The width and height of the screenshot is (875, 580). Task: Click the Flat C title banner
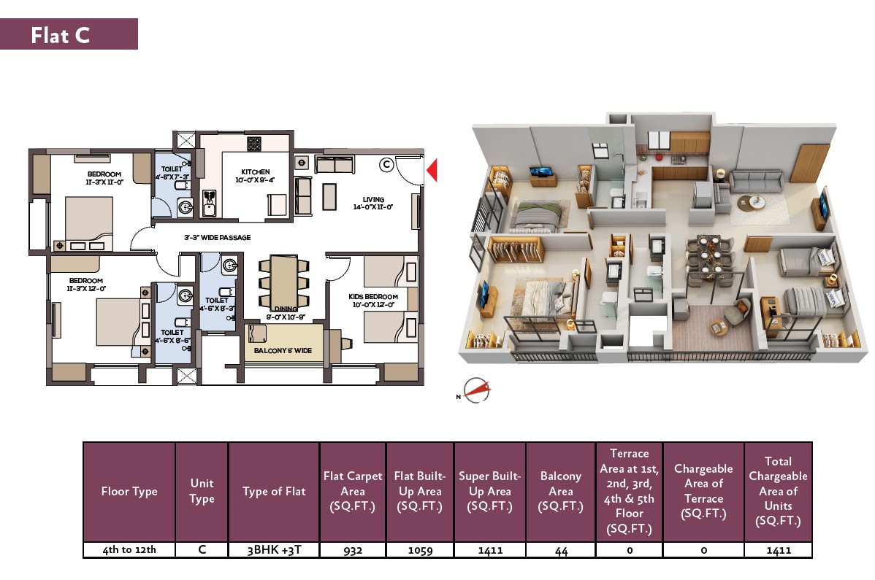[69, 34]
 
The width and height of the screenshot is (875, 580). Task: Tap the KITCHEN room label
[256, 172]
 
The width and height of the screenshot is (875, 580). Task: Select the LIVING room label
[373, 199]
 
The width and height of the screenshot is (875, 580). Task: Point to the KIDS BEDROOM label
[373, 297]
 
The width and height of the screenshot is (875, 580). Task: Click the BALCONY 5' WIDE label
[283, 350]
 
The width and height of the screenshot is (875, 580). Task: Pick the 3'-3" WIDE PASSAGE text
[218, 237]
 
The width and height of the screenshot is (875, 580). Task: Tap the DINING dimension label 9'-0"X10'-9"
[285, 317]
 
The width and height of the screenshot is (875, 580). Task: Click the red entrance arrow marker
[432, 171]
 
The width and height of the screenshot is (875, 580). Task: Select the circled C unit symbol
[386, 165]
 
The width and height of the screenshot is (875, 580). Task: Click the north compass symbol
[476, 390]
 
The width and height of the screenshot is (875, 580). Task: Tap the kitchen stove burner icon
[254, 144]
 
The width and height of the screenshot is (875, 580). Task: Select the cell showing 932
[353, 551]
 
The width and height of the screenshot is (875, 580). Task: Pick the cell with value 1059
[420, 551]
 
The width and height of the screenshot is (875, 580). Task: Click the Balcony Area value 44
[561, 551]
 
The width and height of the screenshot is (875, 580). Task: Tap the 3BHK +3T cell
[274, 551]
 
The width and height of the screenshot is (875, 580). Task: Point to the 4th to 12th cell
[129, 551]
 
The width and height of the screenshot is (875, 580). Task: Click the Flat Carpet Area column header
[353, 492]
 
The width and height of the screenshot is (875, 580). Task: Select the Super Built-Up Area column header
[490, 492]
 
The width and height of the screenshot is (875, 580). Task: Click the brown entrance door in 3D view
[803, 163]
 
